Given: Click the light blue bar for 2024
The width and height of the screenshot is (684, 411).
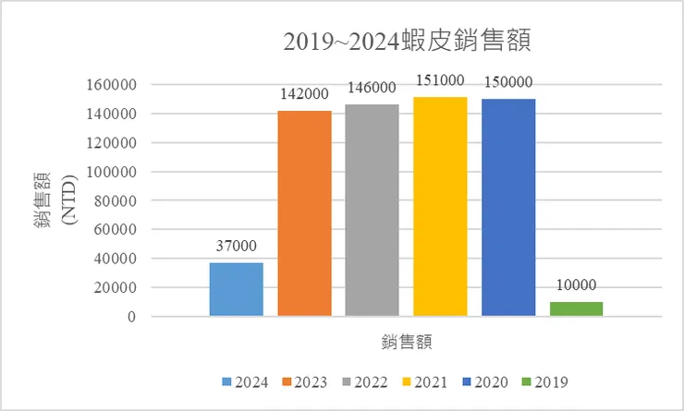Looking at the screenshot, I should pos(237,289).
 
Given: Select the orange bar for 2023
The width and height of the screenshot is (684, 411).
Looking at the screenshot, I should pos(304,213).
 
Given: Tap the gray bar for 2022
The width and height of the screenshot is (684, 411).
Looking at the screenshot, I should pos(373,211).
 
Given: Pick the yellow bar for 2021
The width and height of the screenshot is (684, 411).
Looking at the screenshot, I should pos(440,207).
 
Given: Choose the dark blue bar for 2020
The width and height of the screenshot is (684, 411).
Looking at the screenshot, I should pos(508,208).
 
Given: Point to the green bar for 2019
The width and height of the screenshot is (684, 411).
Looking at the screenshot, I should pos(576,308).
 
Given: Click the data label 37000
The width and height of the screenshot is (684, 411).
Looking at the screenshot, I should pos(237,248).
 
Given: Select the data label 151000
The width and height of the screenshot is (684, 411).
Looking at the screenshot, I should pos(440,81).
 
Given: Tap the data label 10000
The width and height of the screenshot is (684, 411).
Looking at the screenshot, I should pos(576,285).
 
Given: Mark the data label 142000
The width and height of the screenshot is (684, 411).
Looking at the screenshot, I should pos(304,94).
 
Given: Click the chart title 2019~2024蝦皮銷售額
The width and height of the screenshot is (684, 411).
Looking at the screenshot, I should pos(410,42).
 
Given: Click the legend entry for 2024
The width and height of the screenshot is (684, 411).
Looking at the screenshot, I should pos(244,381).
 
